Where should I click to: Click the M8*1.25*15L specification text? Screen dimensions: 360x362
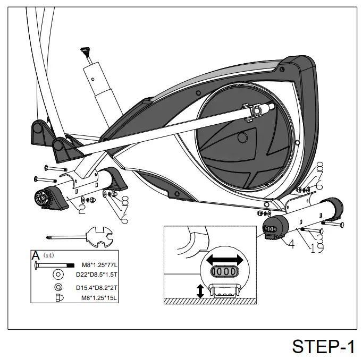[99, 298]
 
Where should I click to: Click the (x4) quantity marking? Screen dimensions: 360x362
[48, 255]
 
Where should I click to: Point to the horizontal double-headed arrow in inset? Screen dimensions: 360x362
[225, 260]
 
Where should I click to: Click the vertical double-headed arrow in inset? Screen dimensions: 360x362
[200, 290]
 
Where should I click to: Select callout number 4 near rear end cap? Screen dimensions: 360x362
[291, 244]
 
